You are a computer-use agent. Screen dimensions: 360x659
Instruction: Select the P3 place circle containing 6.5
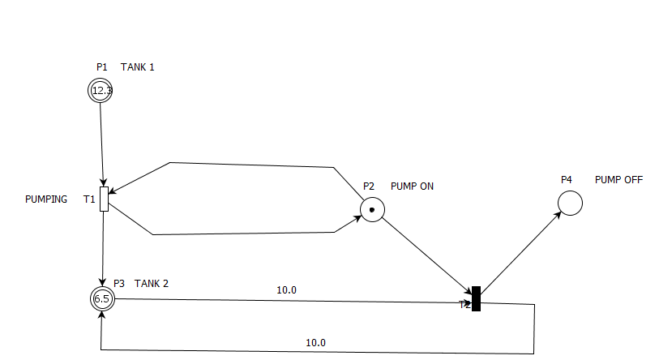pyautogui.click(x=102, y=298)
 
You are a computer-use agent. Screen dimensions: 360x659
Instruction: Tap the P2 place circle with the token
pyautogui.click(x=372, y=210)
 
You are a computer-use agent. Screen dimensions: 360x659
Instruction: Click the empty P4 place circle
pyautogui.click(x=571, y=203)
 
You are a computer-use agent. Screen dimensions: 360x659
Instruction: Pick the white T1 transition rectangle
pyautogui.click(x=104, y=199)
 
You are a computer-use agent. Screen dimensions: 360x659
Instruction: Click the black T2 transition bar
pyautogui.click(x=477, y=298)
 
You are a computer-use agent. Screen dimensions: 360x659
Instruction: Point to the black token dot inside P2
pyautogui.click(x=372, y=210)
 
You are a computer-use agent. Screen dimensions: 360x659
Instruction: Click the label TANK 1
pyautogui.click(x=138, y=67)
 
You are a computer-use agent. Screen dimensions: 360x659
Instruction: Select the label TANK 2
pyautogui.click(x=152, y=283)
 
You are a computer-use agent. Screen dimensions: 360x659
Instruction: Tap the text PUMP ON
pyautogui.click(x=412, y=186)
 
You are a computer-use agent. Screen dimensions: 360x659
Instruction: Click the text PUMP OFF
pyautogui.click(x=618, y=179)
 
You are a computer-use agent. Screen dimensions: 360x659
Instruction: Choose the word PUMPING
pyautogui.click(x=46, y=199)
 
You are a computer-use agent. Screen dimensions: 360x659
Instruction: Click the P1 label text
pyautogui.click(x=101, y=67)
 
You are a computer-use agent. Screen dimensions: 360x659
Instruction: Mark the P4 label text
pyautogui.click(x=567, y=179)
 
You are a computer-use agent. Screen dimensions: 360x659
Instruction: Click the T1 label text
pyautogui.click(x=89, y=199)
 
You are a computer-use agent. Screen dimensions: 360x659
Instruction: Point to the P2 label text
pyautogui.click(x=369, y=186)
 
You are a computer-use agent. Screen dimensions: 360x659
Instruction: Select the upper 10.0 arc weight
pyautogui.click(x=287, y=289)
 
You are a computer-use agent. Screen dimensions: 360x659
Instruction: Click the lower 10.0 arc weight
pyautogui.click(x=315, y=342)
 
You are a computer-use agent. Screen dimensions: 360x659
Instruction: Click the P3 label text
pyautogui.click(x=119, y=283)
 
